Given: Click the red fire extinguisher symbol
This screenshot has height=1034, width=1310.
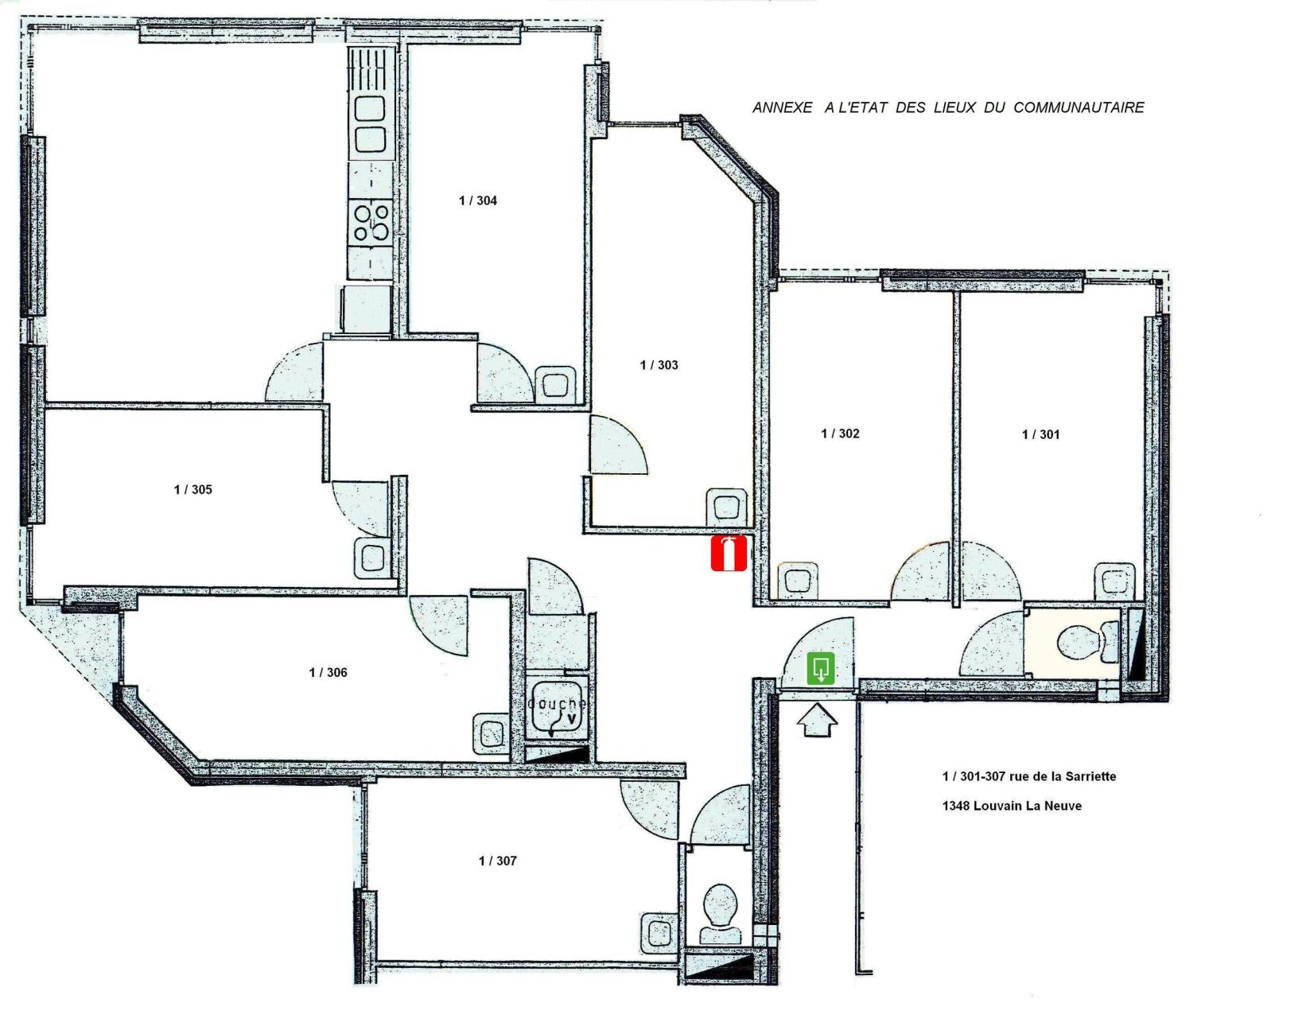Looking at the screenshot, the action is tap(729, 554).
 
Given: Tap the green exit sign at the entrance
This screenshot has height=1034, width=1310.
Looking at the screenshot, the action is tap(822, 668).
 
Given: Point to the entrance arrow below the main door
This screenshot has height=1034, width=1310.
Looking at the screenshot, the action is tap(817, 723).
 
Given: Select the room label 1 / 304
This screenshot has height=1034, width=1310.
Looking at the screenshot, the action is tap(478, 200).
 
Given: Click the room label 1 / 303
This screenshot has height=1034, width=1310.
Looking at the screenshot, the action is tap(659, 365).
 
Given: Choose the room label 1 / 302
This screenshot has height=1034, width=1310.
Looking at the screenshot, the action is tap(841, 433).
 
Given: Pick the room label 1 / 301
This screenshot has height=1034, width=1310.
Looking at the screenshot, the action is tap(1041, 434).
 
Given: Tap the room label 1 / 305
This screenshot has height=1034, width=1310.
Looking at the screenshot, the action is tap(193, 489).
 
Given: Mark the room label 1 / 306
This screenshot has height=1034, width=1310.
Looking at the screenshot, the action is tap(328, 672).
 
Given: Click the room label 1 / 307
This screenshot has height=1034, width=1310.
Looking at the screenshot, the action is tap(498, 861).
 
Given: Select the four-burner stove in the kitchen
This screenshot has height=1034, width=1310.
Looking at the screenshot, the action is tap(371, 223).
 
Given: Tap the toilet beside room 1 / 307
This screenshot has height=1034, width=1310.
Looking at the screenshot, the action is tap(722, 912).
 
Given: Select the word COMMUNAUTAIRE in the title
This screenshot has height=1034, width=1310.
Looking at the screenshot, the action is tap(1079, 107).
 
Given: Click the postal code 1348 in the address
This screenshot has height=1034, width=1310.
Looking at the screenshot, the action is tap(955, 806).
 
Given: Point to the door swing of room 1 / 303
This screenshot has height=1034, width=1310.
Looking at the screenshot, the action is tap(618, 445).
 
